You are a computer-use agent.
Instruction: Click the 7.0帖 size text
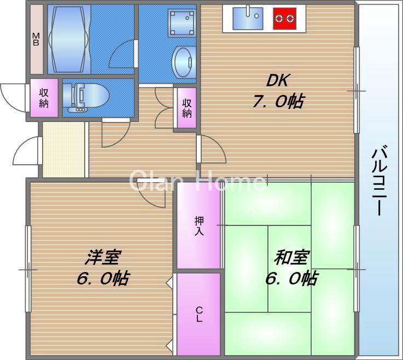(x=278, y=101)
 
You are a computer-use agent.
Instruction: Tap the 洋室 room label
(x=103, y=258)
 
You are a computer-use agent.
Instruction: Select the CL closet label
(x=199, y=315)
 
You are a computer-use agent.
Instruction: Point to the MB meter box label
(x=36, y=40)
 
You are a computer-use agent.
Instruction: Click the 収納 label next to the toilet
(x=44, y=98)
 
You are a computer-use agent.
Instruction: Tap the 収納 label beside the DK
(x=187, y=108)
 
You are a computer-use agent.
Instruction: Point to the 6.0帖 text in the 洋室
(x=103, y=278)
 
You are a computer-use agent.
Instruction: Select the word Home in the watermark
(x=232, y=180)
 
